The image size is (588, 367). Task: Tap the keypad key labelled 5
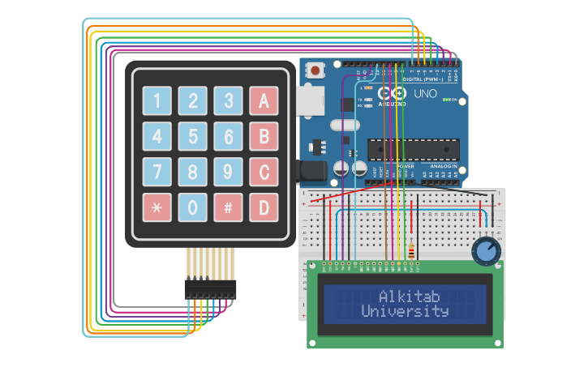pos(192,136)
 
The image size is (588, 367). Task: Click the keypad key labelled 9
pos(228,172)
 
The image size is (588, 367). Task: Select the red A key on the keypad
pos(264,100)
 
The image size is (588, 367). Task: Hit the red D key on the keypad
pos(264,207)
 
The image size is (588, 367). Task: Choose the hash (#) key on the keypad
pos(228,207)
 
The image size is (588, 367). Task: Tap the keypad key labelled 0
pos(192,207)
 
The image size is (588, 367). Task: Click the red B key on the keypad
pos(264,136)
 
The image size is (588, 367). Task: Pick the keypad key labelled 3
pos(228,100)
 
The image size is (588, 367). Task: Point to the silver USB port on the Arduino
pos(310,100)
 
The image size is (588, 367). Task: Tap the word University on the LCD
pos(405,311)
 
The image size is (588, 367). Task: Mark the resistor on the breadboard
pos(411,250)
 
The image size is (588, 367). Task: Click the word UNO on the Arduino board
pos(425,94)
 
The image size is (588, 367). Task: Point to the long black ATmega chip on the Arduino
pos(414,149)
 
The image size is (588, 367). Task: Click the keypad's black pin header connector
pos(210,288)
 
